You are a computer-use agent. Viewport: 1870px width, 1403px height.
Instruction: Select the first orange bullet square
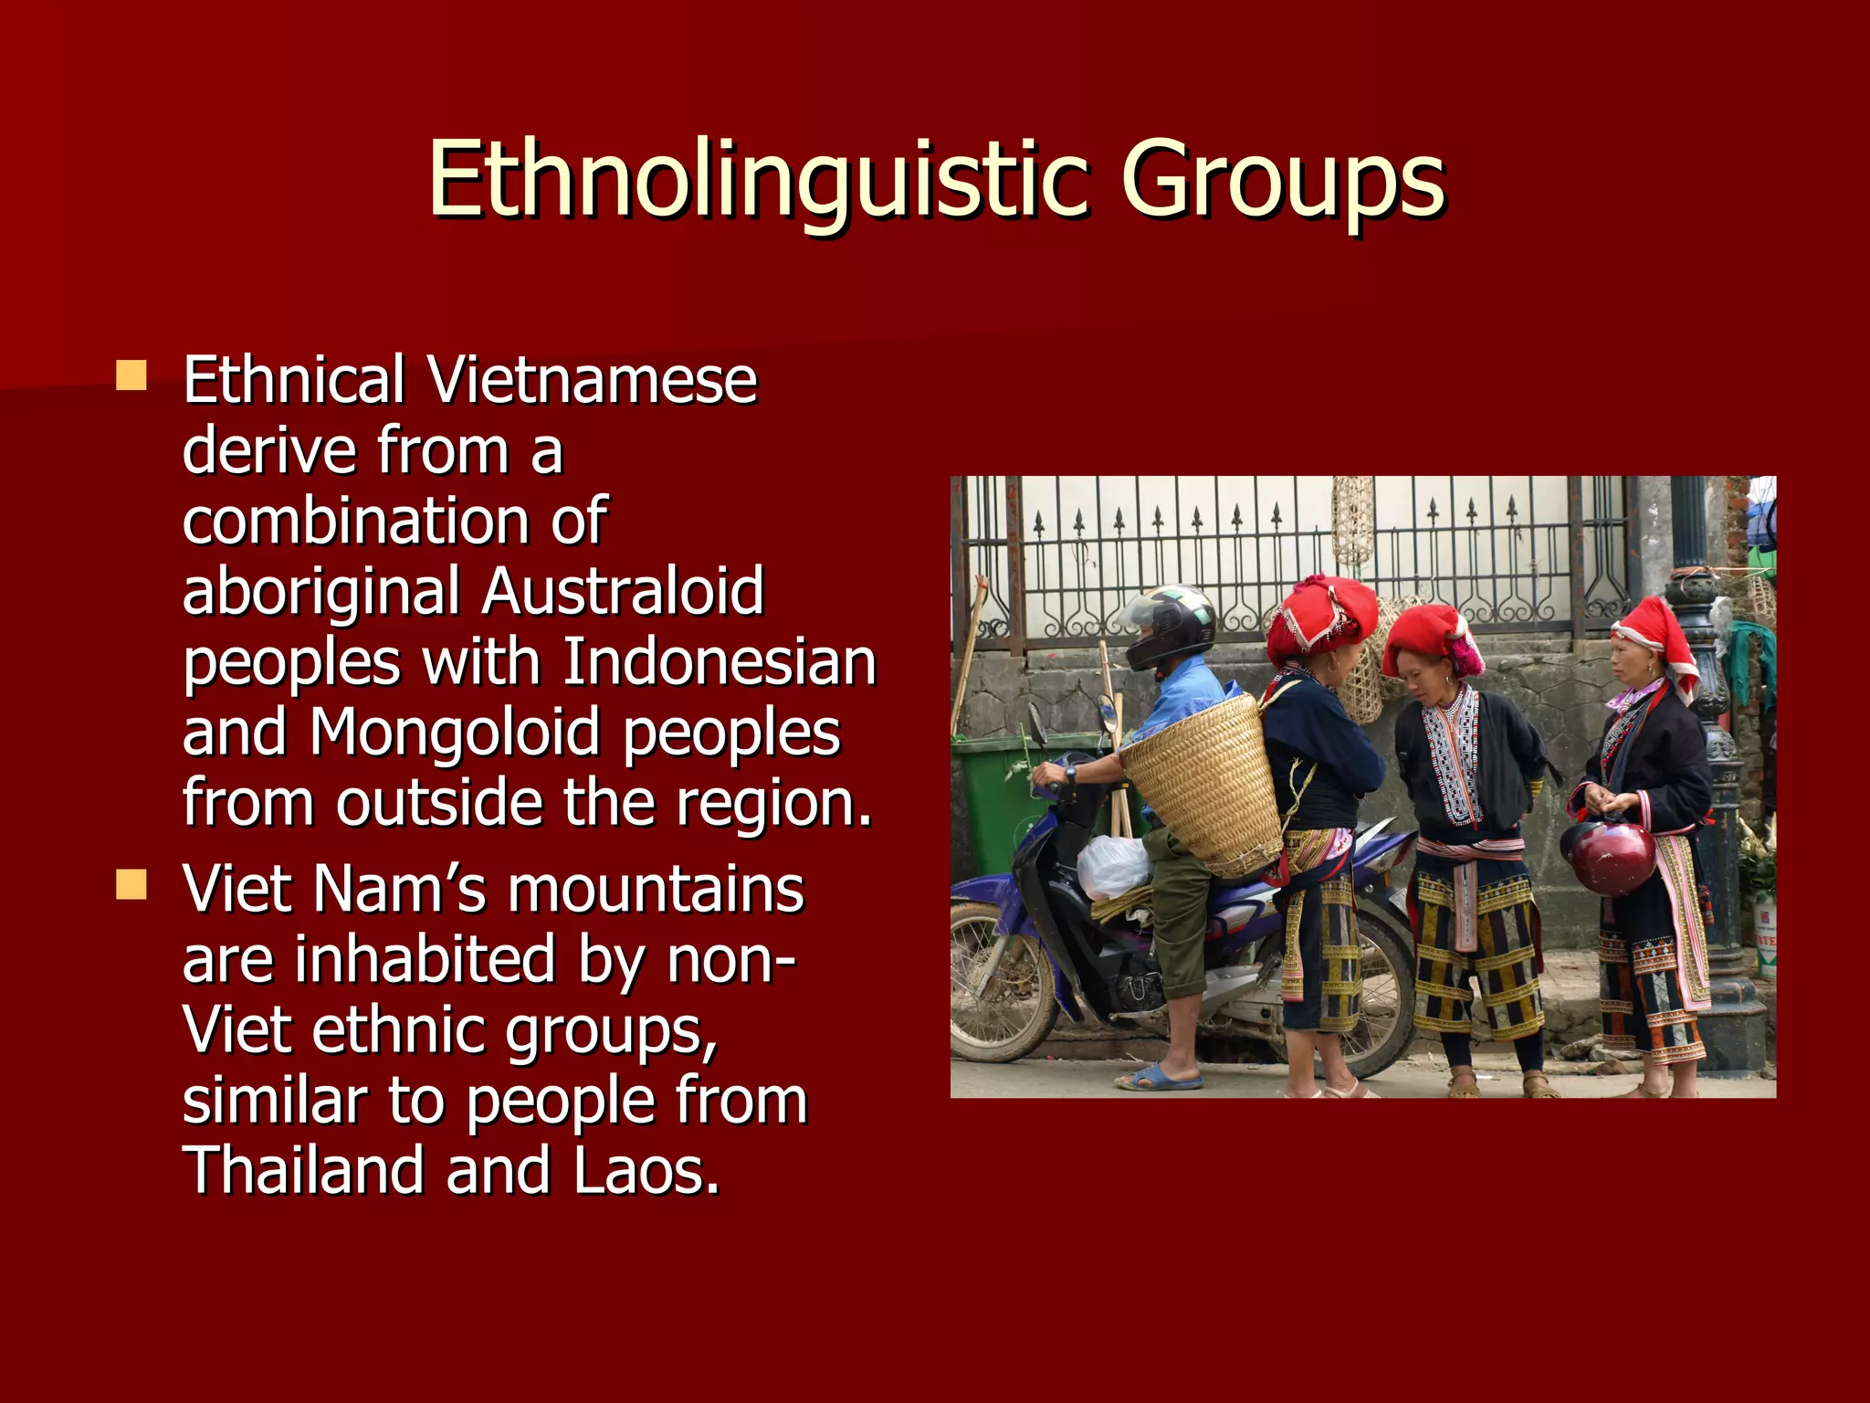(x=131, y=375)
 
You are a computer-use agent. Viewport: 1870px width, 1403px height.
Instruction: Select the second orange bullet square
(x=131, y=884)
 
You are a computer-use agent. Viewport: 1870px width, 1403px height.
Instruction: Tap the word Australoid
(x=623, y=591)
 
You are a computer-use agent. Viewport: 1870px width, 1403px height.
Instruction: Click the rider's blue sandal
(x=1160, y=1079)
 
